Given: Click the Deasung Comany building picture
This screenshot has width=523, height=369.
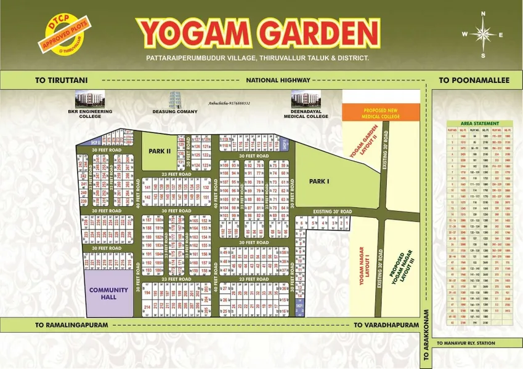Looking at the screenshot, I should coord(175,100).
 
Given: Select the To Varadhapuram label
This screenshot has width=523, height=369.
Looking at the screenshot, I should coord(379,324).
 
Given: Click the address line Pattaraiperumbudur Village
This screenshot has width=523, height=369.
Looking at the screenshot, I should coord(257,58).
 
